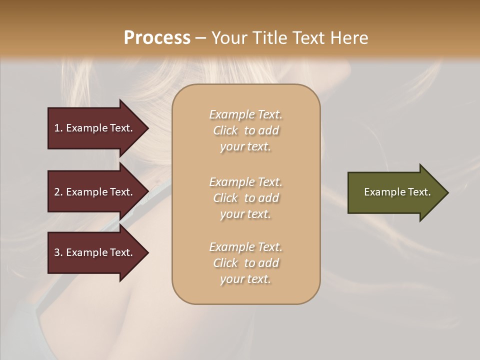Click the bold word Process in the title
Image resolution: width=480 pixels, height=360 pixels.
[157, 38]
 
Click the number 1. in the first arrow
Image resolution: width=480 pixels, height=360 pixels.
[58, 128]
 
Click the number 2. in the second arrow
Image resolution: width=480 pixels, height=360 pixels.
[58, 192]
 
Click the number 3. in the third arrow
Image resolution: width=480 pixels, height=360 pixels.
[58, 252]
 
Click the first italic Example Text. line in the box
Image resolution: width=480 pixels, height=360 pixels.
[246, 114]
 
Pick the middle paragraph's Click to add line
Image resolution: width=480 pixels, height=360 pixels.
[246, 198]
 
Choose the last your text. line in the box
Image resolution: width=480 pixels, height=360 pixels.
[246, 279]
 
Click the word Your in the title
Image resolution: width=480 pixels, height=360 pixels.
[228, 38]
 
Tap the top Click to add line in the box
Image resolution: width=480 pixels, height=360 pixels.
[246, 130]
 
